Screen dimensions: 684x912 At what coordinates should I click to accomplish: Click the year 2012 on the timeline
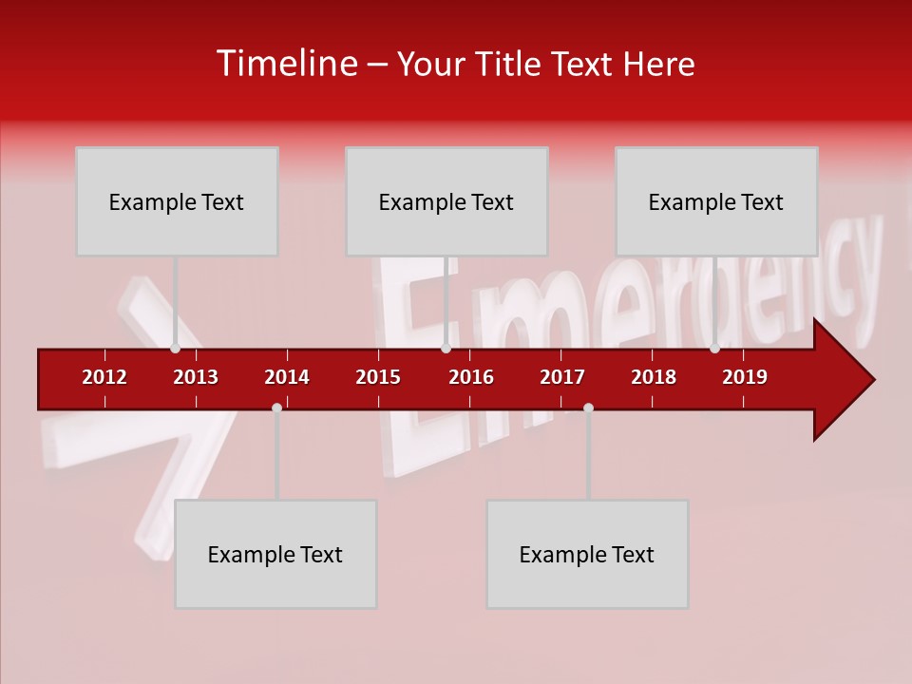pos(104,377)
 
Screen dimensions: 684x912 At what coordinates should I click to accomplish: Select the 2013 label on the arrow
pos(196,377)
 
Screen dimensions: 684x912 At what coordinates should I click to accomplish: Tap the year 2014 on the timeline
pos(287,377)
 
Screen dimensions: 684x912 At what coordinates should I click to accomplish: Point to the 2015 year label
pos(378,377)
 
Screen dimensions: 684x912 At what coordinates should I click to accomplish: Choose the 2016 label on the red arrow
pos(471,377)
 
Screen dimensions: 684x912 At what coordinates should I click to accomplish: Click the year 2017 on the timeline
pos(562,377)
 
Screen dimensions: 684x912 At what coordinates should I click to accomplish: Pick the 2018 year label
pos(654,377)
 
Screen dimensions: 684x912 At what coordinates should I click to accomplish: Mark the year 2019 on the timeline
pos(745,377)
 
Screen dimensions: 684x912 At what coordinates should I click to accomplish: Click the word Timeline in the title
pos(284,64)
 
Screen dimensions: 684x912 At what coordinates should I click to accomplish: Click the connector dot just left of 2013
pos(175,349)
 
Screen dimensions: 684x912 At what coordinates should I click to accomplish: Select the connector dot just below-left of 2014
pos(276,408)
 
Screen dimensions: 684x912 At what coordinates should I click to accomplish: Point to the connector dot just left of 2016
pos(446,349)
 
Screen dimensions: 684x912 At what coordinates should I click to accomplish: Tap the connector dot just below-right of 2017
pos(588,408)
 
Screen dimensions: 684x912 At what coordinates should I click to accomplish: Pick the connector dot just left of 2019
pos(714,349)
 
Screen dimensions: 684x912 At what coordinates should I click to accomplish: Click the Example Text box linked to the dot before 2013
pos(177,201)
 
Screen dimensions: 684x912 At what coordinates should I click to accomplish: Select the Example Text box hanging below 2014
pos(275,554)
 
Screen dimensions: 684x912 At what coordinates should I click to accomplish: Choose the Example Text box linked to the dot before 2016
pos(446,201)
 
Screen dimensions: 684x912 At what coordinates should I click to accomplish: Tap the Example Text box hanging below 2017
pos(587,554)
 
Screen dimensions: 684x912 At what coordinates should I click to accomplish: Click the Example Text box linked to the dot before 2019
pos(716,201)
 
